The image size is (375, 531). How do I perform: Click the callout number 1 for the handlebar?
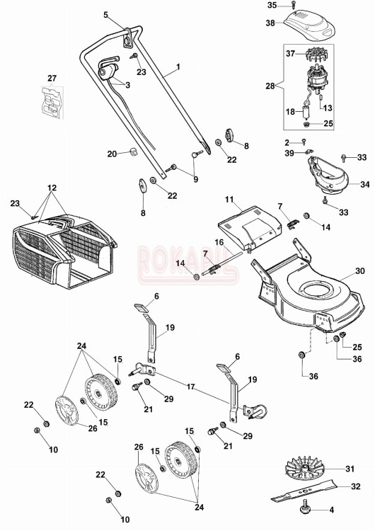tap(178, 67)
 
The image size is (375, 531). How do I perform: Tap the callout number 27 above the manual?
tap(51, 77)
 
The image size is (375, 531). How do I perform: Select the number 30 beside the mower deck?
tap(360, 271)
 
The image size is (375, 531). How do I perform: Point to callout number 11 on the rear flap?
tap(229, 200)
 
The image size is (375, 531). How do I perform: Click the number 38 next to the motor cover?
tap(270, 23)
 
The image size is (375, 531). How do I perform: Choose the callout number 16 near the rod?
tap(219, 242)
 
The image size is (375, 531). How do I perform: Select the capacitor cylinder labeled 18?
tap(307, 113)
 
